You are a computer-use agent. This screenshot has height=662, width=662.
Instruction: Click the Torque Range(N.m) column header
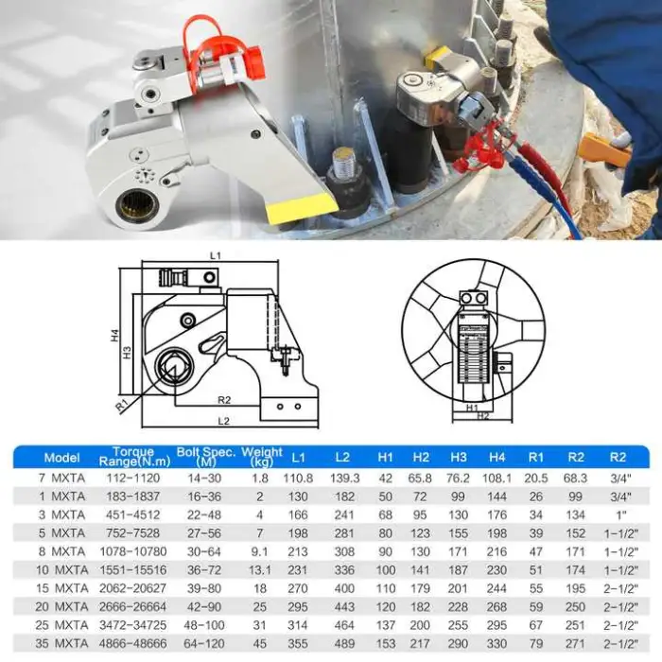tap(134, 457)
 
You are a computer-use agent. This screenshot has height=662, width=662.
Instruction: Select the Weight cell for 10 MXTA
tap(260, 570)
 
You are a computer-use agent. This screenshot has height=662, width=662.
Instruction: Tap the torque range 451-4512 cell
tap(133, 514)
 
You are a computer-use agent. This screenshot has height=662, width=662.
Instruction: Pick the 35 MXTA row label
tap(61, 643)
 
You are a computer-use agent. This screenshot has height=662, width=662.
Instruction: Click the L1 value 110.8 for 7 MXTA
tap(298, 478)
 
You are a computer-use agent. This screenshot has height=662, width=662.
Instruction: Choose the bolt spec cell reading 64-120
tap(204, 643)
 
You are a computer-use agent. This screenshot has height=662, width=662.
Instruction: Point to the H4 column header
tap(496, 457)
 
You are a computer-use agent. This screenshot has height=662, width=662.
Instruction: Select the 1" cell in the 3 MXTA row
tap(620, 514)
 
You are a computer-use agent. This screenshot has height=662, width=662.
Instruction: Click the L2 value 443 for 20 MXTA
tap(344, 607)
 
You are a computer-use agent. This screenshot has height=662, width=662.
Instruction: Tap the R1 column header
tap(536, 457)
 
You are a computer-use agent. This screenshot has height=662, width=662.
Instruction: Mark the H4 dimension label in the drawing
tap(115, 336)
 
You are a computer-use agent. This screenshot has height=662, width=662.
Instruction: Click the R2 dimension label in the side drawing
tap(224, 399)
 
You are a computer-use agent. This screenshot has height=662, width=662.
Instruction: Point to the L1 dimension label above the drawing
tap(216, 255)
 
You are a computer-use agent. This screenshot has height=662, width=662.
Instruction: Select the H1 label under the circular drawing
tap(472, 408)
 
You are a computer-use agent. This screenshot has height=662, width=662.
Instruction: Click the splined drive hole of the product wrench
tap(138, 207)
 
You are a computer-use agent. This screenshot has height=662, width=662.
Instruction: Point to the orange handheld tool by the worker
tap(604, 149)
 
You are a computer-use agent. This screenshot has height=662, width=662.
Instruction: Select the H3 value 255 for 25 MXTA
tap(458, 625)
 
